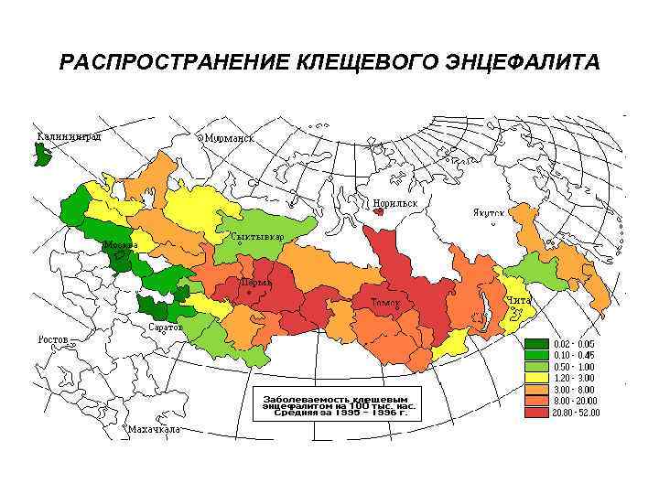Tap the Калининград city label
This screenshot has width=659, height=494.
[69, 135]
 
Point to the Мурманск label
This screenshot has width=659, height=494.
[229, 138]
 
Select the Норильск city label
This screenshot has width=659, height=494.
[394, 202]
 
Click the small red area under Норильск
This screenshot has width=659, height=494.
[378, 211]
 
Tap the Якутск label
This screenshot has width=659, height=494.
[489, 211]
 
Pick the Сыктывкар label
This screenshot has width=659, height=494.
[257, 237]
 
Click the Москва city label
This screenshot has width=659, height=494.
[120, 245]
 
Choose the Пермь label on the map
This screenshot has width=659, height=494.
[255, 283]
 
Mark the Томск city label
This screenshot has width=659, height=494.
[384, 302]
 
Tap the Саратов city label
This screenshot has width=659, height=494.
[166, 327]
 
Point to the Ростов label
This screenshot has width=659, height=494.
[53, 339]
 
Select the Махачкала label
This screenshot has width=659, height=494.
[154, 428]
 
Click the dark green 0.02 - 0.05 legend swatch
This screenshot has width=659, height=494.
[536, 343]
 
